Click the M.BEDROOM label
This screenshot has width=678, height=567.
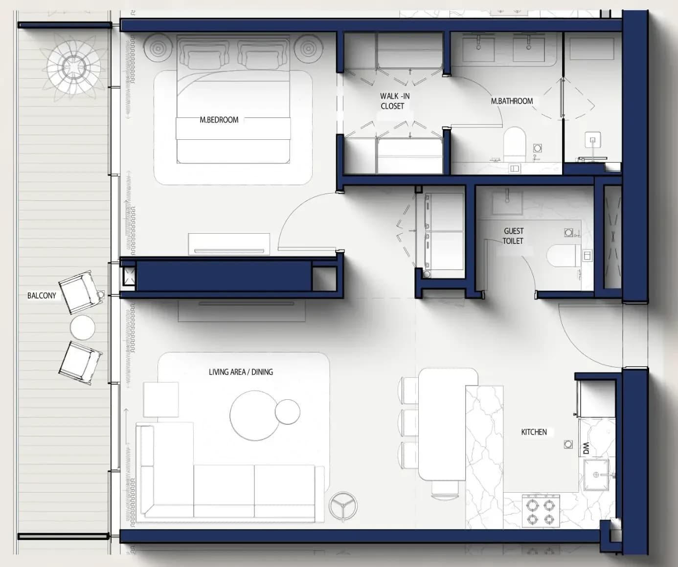(219, 120)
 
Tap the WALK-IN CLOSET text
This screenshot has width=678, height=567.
(395, 101)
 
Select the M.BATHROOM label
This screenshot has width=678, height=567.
(512, 101)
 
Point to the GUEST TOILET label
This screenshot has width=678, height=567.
(513, 236)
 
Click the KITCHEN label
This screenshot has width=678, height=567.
(534, 432)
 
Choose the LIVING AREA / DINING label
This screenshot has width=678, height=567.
(241, 372)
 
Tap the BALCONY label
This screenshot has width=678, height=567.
(42, 296)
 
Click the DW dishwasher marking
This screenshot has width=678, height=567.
(586, 448)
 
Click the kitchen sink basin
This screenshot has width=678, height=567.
(596, 475)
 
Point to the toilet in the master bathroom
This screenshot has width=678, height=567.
(515, 144)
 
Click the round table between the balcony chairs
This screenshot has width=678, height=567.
(83, 327)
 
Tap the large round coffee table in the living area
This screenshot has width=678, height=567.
(255, 415)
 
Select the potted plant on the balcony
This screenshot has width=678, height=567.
(73, 67)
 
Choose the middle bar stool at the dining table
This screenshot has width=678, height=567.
(408, 423)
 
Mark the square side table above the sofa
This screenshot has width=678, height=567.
(161, 399)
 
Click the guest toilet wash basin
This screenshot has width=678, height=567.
(508, 202)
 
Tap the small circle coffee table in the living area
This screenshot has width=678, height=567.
(287, 412)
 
